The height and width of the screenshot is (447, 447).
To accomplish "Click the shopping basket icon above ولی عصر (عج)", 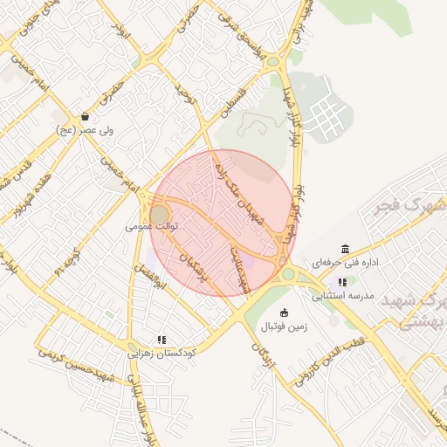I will point(85,116).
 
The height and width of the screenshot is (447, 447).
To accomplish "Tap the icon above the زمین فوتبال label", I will point(284,313).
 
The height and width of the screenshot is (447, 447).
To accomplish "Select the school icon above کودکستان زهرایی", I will point(162,340).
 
